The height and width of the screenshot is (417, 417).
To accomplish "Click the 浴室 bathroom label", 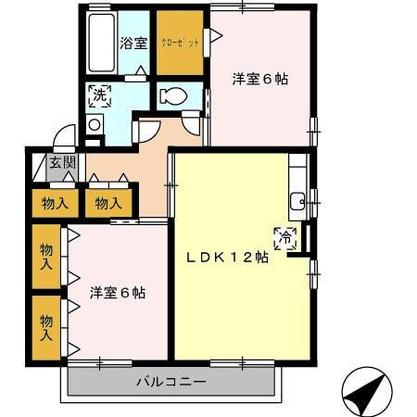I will coord(133,43).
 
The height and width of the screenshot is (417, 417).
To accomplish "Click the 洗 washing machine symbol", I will coord(99,94).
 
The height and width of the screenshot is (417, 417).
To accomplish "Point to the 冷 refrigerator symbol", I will coord(286,238).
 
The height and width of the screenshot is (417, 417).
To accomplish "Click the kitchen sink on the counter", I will coord(297,200).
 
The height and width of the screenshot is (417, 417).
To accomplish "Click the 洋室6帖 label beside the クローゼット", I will coord(259,80).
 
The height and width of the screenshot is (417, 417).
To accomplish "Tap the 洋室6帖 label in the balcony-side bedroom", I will coord(118,293).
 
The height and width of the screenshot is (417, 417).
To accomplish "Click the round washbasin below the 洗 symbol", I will coord(94,123).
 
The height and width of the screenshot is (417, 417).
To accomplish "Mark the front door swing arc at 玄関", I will coord(64,138).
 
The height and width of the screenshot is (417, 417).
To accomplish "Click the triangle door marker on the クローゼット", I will coord(208,37).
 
